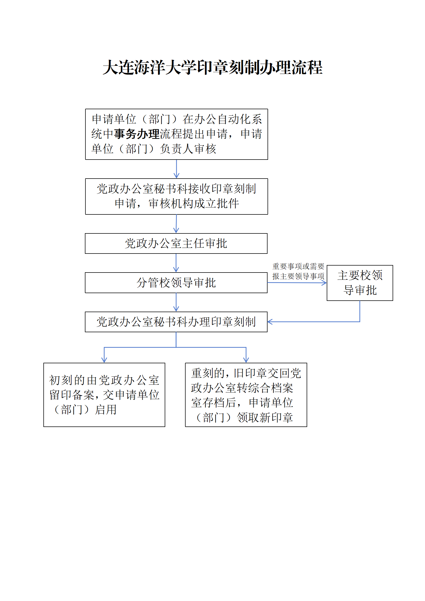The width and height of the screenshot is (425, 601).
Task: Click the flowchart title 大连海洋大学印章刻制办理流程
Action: click(x=213, y=67)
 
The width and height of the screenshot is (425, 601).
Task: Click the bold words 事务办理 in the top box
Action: click(x=137, y=134)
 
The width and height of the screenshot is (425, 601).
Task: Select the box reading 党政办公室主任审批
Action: click(x=176, y=243)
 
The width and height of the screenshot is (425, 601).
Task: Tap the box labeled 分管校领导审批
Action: click(x=176, y=283)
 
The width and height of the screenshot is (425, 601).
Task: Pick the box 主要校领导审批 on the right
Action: click(x=360, y=283)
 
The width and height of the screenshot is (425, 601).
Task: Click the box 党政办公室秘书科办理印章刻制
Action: click(x=176, y=322)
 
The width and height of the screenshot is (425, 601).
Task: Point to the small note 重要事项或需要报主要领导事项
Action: click(x=298, y=271)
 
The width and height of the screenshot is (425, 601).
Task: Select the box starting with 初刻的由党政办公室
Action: click(x=104, y=395)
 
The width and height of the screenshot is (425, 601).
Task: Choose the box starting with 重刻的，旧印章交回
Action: click(x=246, y=395)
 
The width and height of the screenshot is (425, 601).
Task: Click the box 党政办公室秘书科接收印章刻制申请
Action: click(x=176, y=196)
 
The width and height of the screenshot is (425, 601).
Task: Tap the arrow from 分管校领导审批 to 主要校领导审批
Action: click(x=297, y=283)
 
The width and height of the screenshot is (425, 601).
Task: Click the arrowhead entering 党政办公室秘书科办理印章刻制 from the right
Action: click(x=270, y=322)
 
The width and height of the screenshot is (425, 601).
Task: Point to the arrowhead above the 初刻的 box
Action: click(x=104, y=360)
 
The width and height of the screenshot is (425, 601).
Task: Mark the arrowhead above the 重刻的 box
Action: click(x=246, y=360)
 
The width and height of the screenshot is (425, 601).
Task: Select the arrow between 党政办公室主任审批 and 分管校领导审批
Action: click(x=176, y=263)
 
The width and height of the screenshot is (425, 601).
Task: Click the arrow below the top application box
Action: click(x=176, y=169)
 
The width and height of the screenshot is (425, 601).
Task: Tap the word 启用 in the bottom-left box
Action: click(x=106, y=410)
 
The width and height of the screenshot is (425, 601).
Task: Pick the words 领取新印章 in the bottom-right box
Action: click(x=265, y=417)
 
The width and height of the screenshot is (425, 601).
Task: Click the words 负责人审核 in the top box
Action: click(x=188, y=149)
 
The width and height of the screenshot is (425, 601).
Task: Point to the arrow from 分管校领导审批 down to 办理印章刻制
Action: click(x=176, y=302)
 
